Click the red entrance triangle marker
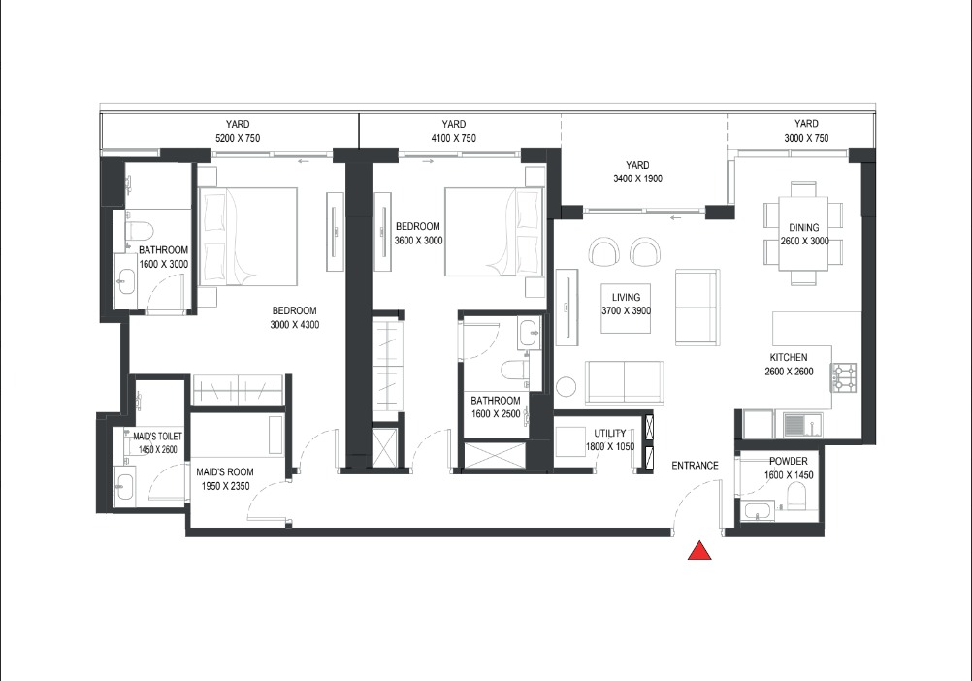700,551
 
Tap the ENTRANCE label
695,466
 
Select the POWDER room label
788,462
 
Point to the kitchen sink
801,424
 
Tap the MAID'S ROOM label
224,472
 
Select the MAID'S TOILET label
157,438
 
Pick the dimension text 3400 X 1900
637,179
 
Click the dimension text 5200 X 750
238,139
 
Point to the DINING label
804,229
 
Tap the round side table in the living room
567,387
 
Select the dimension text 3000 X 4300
294,325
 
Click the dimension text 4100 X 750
453,139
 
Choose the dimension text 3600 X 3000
418,241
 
